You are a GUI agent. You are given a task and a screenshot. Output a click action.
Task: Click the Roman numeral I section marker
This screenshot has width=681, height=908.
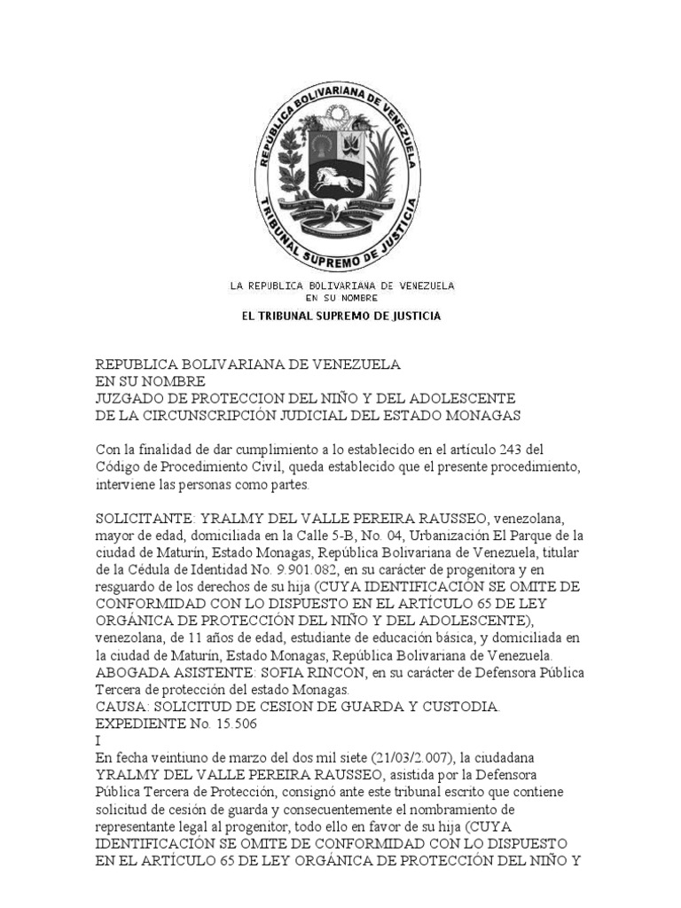coord(98,742)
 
